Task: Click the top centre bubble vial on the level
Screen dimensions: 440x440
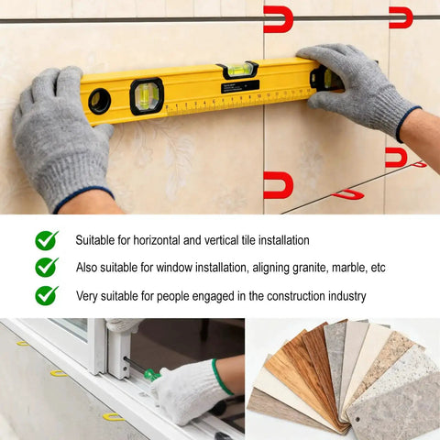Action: tap(237, 70)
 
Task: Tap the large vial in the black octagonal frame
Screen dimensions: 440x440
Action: tap(147, 96)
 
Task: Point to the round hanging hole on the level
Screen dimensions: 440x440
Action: tap(100, 101)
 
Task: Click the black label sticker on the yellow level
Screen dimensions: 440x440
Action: tap(240, 86)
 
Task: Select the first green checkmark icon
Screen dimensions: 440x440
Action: tap(47, 240)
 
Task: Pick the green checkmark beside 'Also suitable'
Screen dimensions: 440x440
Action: tap(47, 267)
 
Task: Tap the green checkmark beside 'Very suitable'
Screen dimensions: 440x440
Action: tap(47, 295)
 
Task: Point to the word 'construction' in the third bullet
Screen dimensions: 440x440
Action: tap(296, 296)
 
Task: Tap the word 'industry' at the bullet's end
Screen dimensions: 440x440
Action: tap(347, 296)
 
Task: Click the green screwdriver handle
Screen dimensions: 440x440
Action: tap(152, 375)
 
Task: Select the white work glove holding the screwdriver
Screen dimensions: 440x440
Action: tap(191, 391)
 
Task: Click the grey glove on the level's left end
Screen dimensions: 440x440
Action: tap(61, 137)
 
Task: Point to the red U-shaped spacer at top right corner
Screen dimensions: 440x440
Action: tap(401, 17)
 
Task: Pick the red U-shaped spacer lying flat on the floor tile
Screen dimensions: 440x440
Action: tap(348, 194)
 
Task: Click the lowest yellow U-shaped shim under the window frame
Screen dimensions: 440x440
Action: tap(113, 417)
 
